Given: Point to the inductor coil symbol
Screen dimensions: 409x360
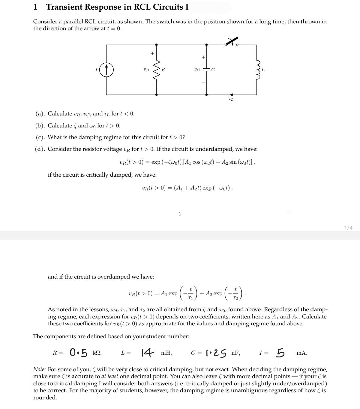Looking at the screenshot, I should pos(256,70).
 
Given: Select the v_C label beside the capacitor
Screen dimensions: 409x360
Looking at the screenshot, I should pos(197,70).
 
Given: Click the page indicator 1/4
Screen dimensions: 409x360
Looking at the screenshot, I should pos(348,228).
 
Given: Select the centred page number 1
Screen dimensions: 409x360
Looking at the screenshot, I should pos(179,214).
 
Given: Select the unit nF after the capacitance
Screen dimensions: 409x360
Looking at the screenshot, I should pos(236,353).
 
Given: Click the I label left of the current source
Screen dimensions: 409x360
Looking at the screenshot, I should pos(96,70).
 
